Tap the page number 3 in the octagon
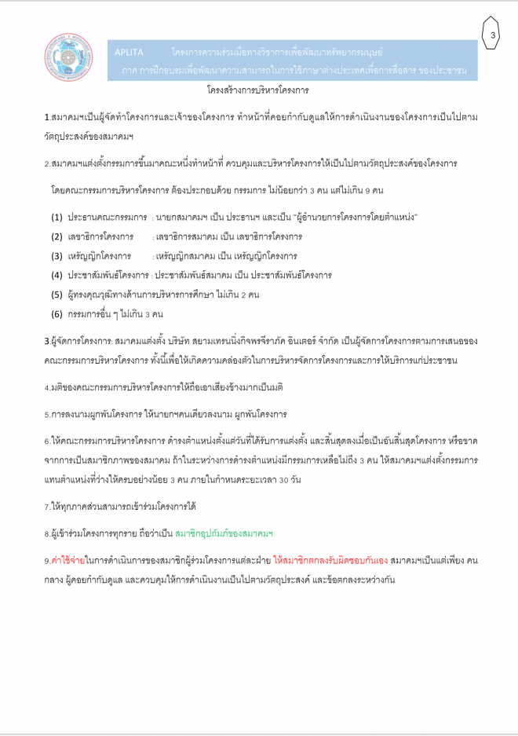pyautogui.click(x=492, y=35)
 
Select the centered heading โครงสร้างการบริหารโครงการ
pyautogui.click(x=259, y=90)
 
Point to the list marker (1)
pyautogui.click(x=57, y=216)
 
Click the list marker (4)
pyautogui.click(x=57, y=275)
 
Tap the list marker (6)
pyautogui.click(x=57, y=314)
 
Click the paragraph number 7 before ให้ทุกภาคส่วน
pyautogui.click(x=46, y=507)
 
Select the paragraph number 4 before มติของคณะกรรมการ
pyautogui.click(x=46, y=388)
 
